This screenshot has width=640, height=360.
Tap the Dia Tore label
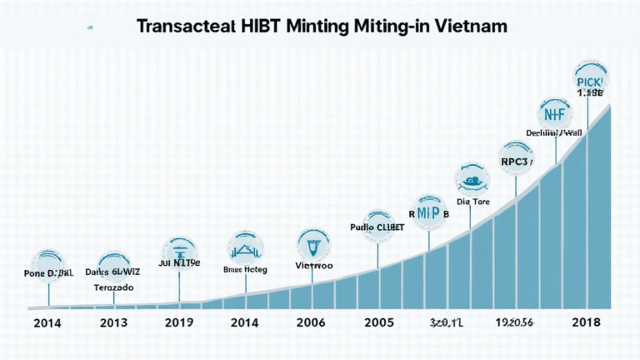click(473, 200)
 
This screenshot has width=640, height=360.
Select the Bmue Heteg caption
click(246, 269)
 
